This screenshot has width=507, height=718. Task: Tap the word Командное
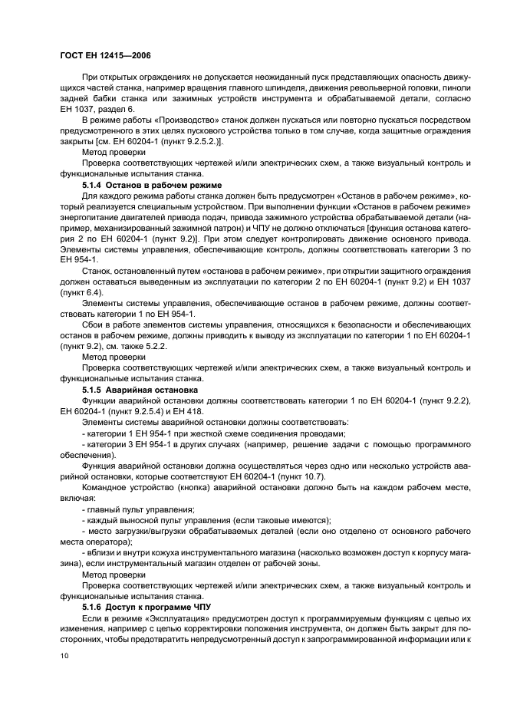tap(108, 488)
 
